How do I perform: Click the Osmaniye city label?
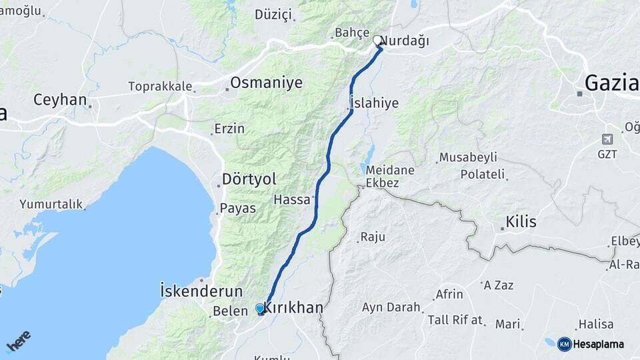[x=266, y=83]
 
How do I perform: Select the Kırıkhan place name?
[x=294, y=308]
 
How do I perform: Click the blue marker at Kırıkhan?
[x=260, y=309]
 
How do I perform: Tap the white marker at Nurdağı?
[x=377, y=40]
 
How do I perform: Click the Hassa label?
[x=291, y=199]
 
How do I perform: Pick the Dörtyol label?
[x=249, y=179]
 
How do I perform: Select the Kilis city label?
[x=521, y=222]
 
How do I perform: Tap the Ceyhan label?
[x=60, y=100]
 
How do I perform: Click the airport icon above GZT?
[x=607, y=139]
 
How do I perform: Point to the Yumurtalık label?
[x=50, y=204]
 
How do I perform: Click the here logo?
[x=18, y=341]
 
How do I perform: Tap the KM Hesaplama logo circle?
[x=564, y=344]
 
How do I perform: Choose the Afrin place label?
[x=449, y=294]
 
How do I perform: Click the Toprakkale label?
[x=160, y=87]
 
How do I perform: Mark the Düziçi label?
[x=273, y=14]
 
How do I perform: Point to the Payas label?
[x=238, y=208]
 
